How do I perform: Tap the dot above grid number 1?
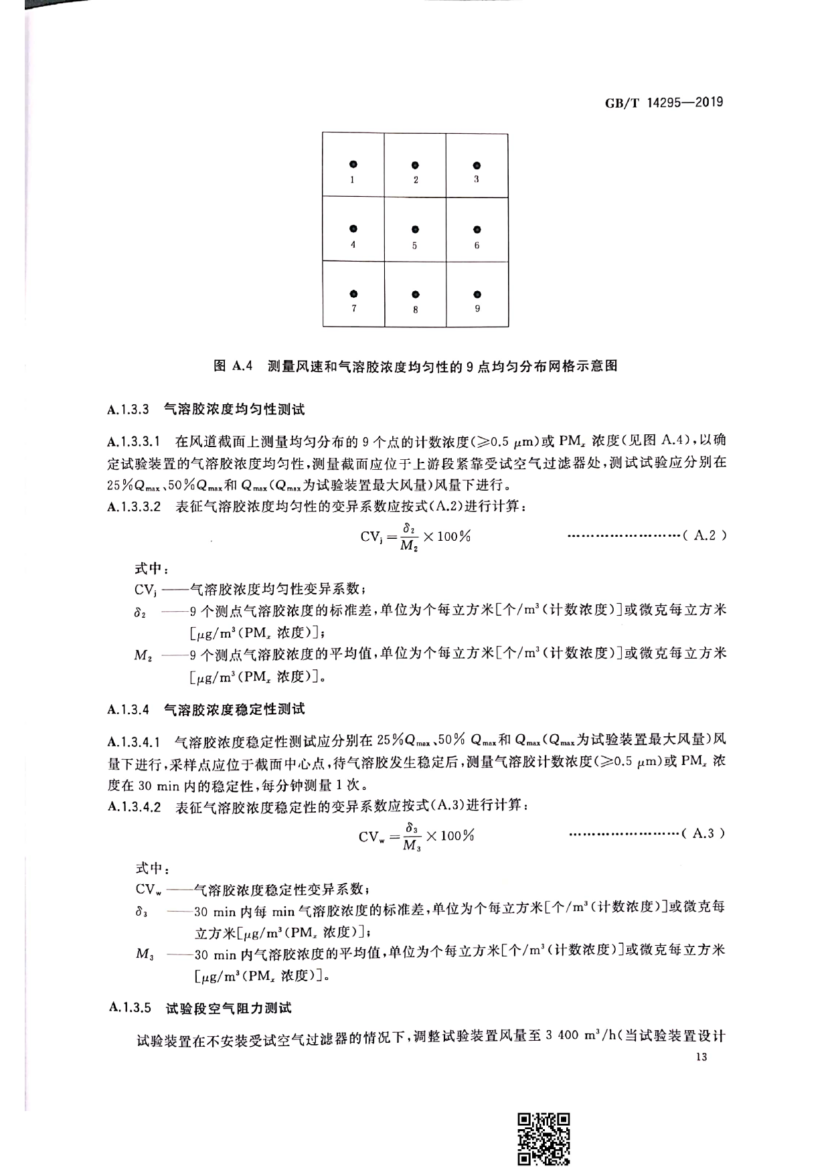tap(353, 164)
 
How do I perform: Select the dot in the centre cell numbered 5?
tap(415, 230)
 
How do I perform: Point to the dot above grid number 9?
tap(477, 295)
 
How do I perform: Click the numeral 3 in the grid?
tap(477, 179)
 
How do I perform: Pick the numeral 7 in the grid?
tap(353, 309)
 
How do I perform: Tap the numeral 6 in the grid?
tap(477, 245)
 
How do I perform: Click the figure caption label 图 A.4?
tap(232, 365)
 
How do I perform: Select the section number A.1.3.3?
tap(128, 408)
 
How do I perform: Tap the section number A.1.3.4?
tap(128, 708)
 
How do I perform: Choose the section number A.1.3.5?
tap(129, 1007)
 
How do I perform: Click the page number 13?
tap(701, 1057)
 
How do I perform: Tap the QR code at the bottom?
tap(544, 1138)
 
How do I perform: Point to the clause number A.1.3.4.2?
tap(134, 807)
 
